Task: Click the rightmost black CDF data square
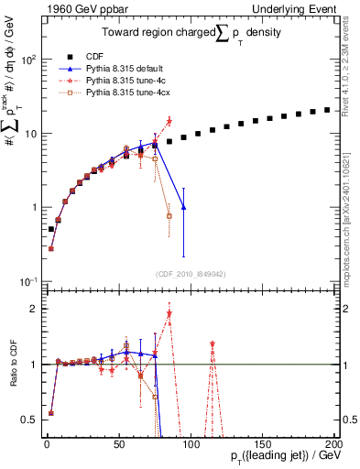click(x=327, y=110)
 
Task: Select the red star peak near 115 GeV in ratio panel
click(x=213, y=344)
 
